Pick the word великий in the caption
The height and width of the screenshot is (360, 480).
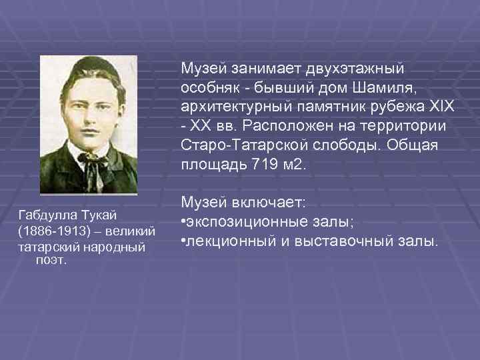(133, 231)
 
